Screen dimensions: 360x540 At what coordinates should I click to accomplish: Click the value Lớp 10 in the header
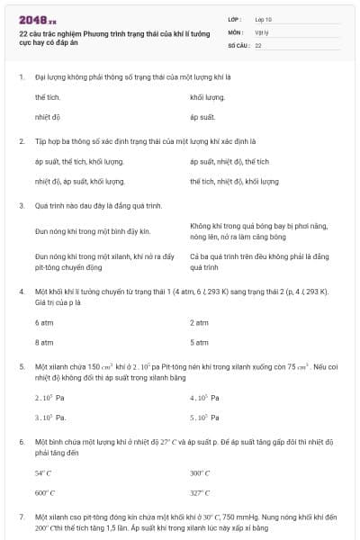(x=264, y=19)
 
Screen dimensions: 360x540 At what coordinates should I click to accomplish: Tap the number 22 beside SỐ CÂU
(x=258, y=44)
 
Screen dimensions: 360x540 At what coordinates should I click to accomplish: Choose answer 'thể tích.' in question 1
(x=48, y=95)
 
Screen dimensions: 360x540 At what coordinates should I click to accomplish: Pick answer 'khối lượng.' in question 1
(x=208, y=95)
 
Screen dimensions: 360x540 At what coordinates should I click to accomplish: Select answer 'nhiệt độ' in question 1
(x=48, y=117)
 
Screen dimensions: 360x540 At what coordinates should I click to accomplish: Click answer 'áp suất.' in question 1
(x=203, y=117)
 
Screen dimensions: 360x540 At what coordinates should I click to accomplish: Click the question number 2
(x=22, y=141)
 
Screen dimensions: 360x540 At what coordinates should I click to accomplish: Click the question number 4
(x=22, y=292)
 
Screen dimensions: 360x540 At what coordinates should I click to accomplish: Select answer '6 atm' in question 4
(x=44, y=322)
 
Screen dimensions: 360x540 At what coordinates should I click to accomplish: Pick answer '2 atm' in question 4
(x=200, y=322)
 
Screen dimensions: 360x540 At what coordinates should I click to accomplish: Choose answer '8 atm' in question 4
(x=44, y=343)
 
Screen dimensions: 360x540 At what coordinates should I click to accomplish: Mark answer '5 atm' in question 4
(x=200, y=343)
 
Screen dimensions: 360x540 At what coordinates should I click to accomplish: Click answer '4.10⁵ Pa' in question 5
(x=205, y=398)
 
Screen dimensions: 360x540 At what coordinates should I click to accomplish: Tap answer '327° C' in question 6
(x=200, y=493)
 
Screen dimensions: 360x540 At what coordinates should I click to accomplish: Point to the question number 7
(x=22, y=517)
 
